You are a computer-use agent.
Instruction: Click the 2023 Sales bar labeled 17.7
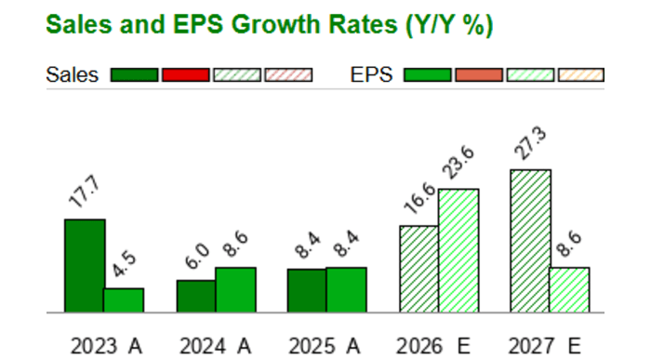84,266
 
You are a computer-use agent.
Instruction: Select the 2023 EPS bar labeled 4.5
123,300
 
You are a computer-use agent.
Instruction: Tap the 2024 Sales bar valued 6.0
196,296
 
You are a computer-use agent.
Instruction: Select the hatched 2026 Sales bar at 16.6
418,269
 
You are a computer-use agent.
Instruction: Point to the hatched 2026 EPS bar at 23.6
458,250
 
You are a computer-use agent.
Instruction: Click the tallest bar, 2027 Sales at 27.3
530,241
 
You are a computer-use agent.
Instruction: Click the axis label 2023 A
106,346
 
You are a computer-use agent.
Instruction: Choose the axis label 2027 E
550,346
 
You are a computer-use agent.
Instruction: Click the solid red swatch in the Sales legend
185,75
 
